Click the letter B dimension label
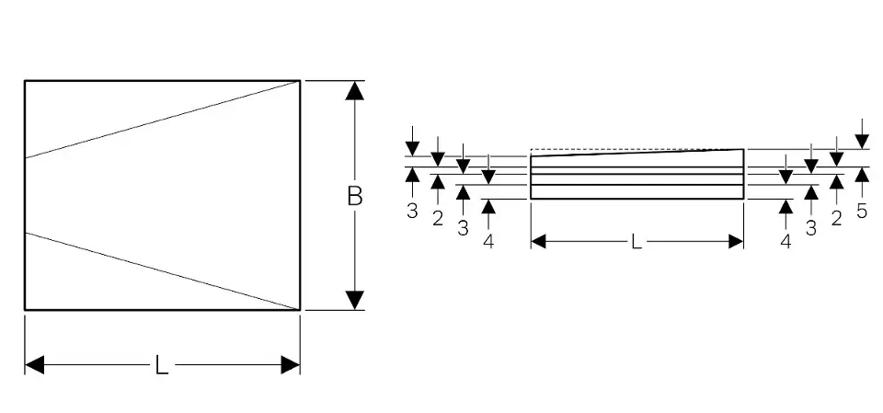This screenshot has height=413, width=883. tap(354, 196)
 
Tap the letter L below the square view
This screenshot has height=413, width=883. tap(161, 365)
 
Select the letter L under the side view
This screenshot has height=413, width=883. tap(636, 241)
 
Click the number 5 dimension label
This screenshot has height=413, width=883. tap(861, 211)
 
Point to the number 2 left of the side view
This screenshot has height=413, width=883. tap(438, 218)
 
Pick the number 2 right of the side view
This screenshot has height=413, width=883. tap(836, 218)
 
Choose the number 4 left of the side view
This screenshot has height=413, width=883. tap(488, 242)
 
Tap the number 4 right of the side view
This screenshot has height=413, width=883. tap(786, 242)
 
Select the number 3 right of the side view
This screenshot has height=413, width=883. tap(810, 229)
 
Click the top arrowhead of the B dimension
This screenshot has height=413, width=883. tap(355, 91)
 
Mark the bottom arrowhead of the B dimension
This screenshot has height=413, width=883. tap(355, 300)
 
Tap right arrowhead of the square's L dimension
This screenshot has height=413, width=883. tap(290, 365)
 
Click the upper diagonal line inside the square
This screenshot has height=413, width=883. tap(162, 120)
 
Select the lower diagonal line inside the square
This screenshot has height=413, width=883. tap(162, 270)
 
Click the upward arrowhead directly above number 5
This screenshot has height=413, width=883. tap(861, 176)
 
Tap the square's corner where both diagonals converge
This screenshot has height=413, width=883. tap(300, 81)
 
